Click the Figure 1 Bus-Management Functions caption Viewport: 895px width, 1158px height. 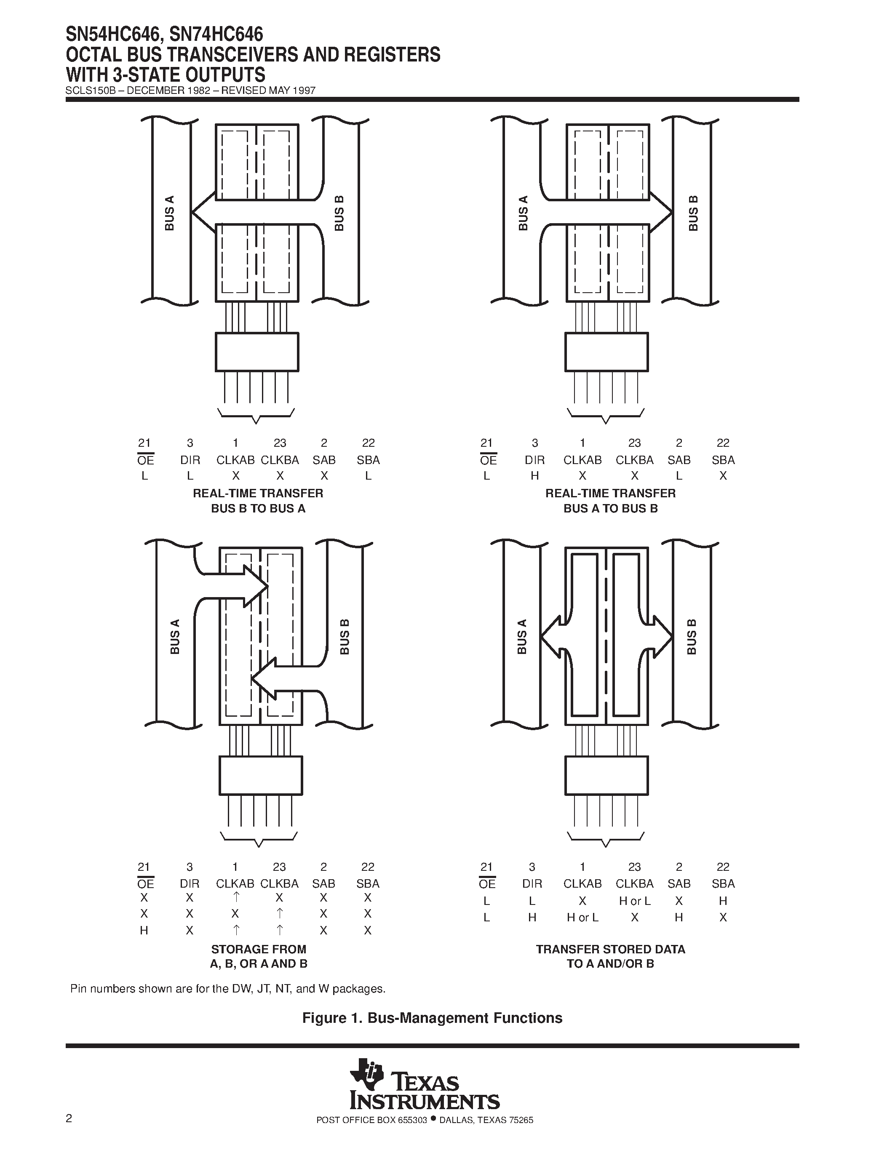click(432, 1018)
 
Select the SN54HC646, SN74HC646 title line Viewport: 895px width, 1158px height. click(164, 35)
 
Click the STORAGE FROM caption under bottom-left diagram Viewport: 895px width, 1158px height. click(259, 949)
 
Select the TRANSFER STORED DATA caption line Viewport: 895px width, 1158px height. click(610, 949)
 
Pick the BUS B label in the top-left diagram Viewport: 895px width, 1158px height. click(339, 213)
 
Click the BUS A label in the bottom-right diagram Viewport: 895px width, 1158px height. click(522, 636)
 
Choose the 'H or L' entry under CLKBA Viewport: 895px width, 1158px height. click(635, 901)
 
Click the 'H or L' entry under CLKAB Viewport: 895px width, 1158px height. click(582, 917)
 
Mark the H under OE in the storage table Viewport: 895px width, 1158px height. click(144, 930)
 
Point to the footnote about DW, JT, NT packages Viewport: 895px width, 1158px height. click(228, 989)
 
